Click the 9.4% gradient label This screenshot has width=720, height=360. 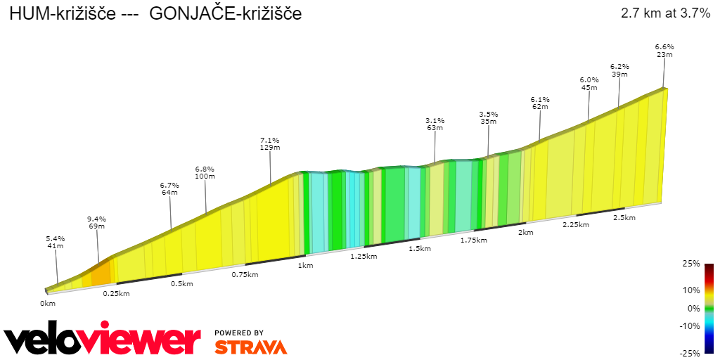(96, 219)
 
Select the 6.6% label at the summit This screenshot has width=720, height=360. (664, 46)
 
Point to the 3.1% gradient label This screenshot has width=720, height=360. (435, 120)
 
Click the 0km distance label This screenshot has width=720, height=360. (47, 303)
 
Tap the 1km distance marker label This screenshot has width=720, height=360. (305, 265)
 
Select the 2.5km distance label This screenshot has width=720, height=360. (624, 217)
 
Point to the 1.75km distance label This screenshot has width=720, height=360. (473, 240)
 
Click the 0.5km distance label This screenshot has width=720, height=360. (181, 283)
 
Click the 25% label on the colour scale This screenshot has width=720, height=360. (691, 264)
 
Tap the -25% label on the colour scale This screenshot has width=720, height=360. (690, 353)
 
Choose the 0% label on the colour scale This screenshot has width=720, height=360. (693, 308)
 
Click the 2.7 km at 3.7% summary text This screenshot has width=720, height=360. (665, 13)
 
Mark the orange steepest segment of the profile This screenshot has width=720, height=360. (100, 274)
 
